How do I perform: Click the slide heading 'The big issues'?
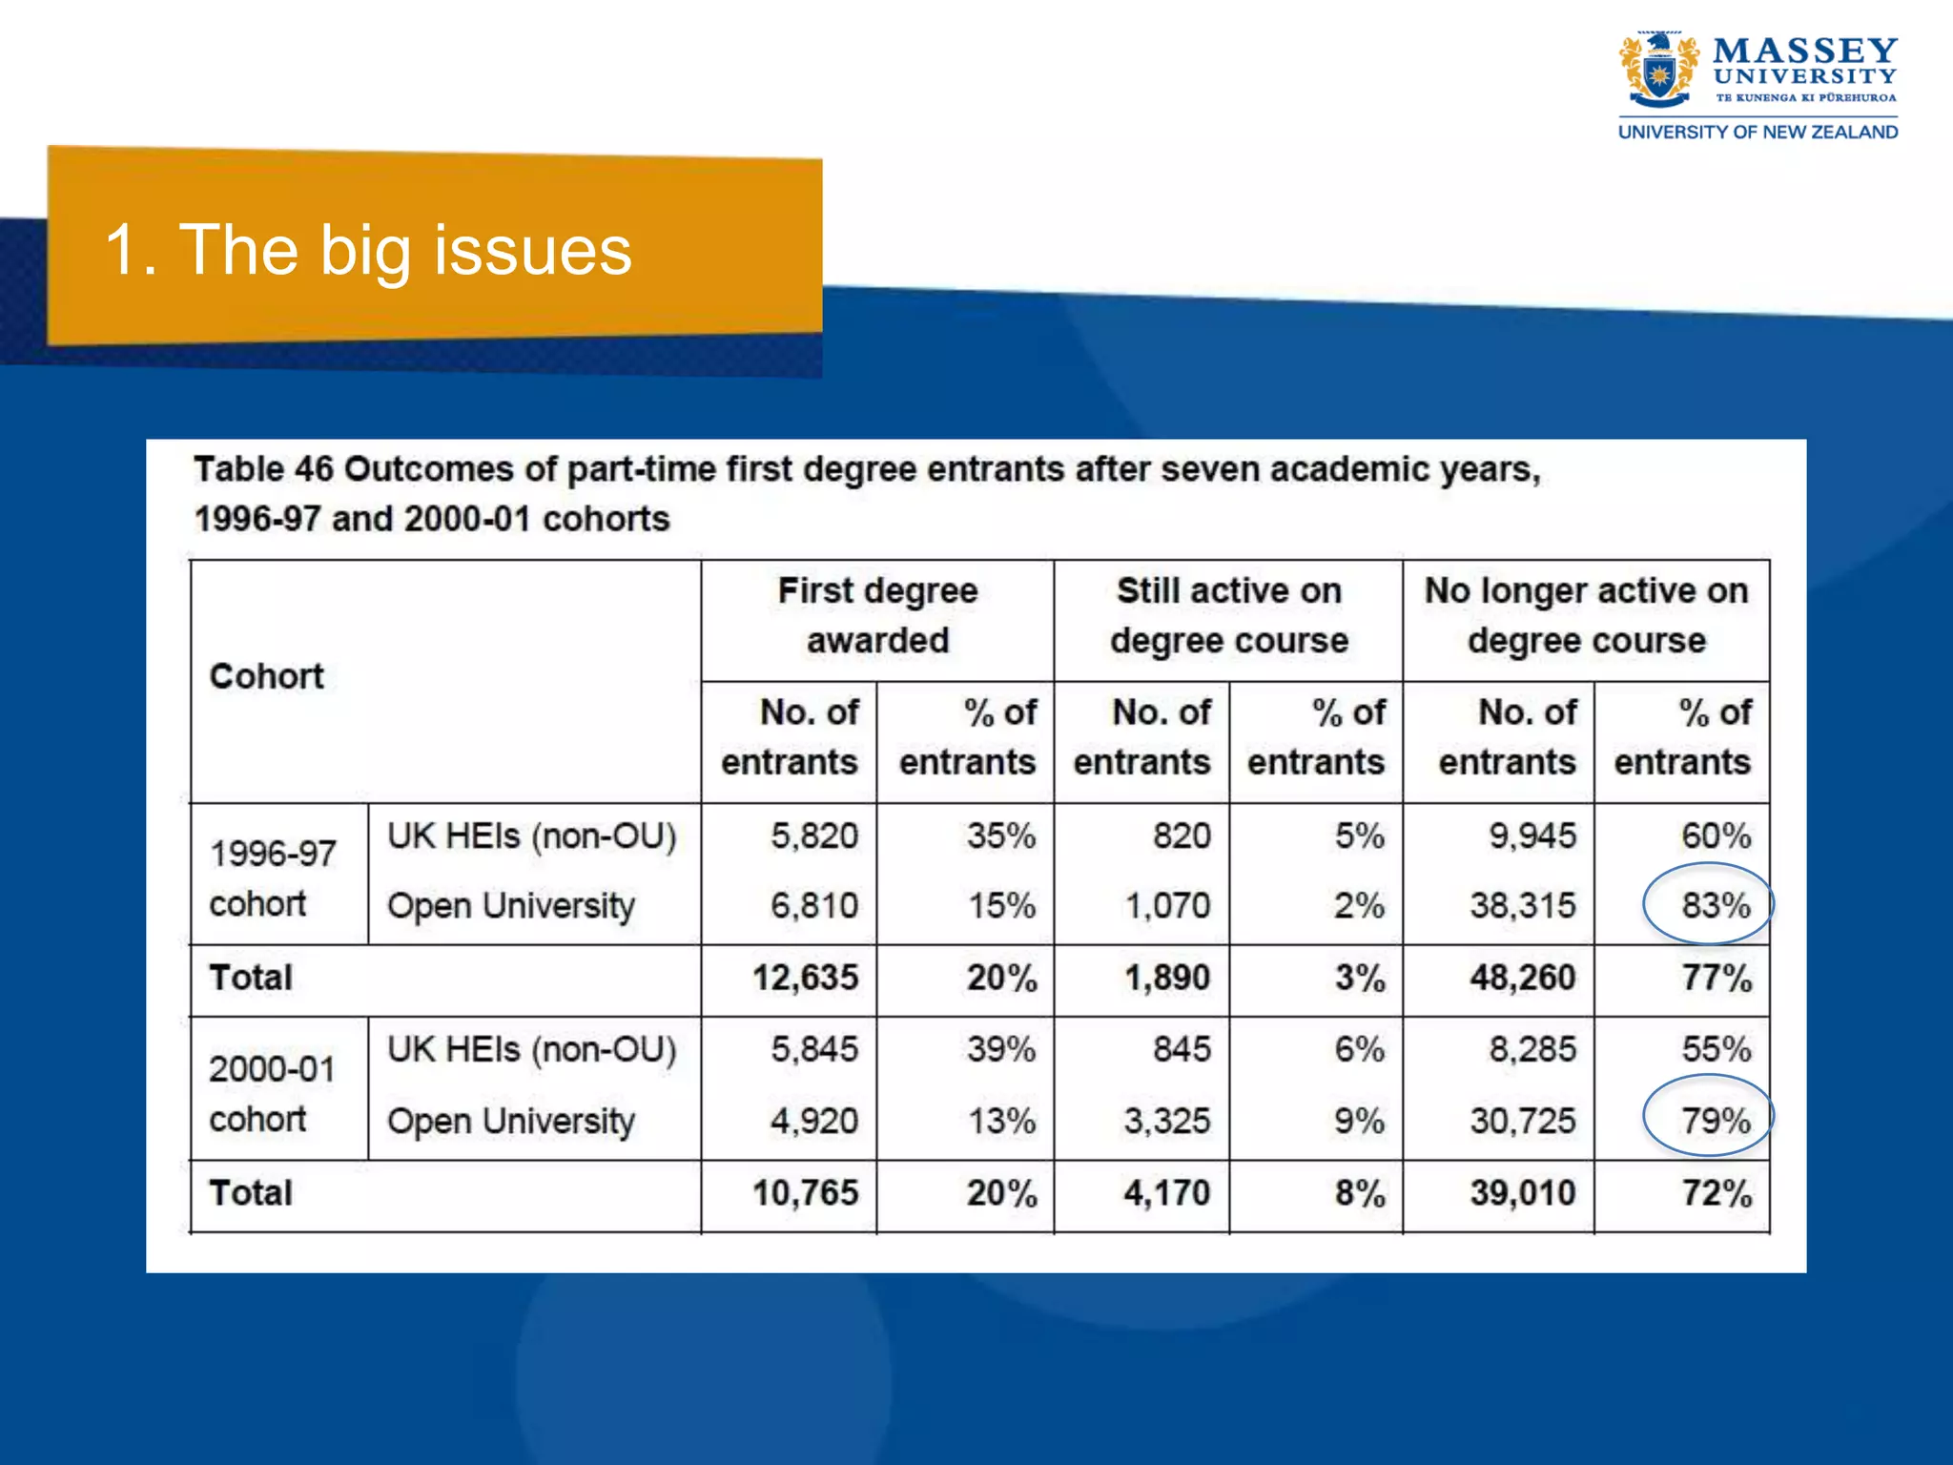tap(368, 250)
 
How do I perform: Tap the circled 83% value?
tap(1714, 905)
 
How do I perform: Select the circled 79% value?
tap(1714, 1120)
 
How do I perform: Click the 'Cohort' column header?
tap(267, 676)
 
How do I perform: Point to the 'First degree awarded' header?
tap(877, 615)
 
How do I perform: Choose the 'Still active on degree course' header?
tap(1228, 615)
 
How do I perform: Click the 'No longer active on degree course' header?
tap(1586, 615)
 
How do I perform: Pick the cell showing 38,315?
tap(1522, 905)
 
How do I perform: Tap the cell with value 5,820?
tap(813, 836)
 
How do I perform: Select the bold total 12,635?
tap(805, 978)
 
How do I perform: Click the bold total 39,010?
tap(1522, 1193)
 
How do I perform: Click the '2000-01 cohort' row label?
tap(273, 1093)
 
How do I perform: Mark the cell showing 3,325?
tap(1166, 1121)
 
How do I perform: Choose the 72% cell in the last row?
tap(1716, 1193)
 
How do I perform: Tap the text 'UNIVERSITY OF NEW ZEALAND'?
tap(1758, 133)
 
